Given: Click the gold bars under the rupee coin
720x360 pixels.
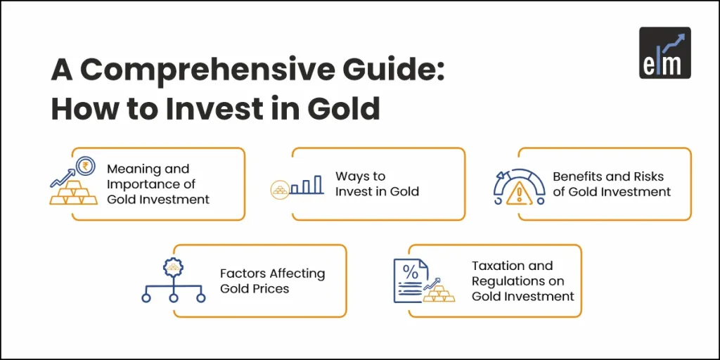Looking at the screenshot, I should pyautogui.click(x=74, y=193).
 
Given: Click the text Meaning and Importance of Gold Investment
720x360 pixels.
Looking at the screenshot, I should pyautogui.click(x=157, y=184).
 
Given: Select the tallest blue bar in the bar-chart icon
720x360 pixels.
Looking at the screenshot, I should pyautogui.click(x=318, y=184).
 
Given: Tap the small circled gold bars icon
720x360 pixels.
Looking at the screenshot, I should pyautogui.click(x=278, y=189).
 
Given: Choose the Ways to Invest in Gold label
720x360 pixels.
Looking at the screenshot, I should pyautogui.click(x=376, y=184).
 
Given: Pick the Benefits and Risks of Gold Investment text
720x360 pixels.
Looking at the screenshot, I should pyautogui.click(x=611, y=184).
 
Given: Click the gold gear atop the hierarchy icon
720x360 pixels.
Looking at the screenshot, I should pyautogui.click(x=172, y=267).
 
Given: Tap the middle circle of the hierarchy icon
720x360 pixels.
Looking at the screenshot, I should pyautogui.click(x=172, y=298).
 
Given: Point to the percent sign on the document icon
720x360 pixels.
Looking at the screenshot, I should pyautogui.click(x=410, y=271).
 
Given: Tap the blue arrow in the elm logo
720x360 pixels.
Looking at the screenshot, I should pyautogui.click(x=674, y=41).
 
